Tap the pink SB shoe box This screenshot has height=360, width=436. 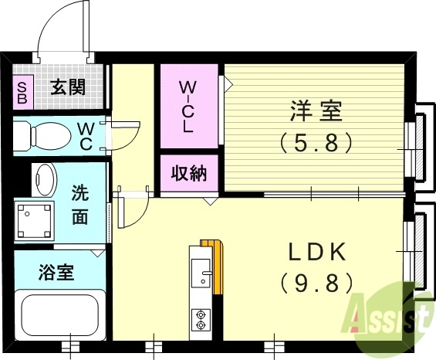[x=22, y=93]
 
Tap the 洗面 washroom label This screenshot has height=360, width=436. [x=80, y=204]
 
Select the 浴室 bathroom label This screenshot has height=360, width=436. [x=56, y=272]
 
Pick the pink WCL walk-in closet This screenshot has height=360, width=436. [x=188, y=107]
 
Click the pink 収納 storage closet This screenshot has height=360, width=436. [x=188, y=174]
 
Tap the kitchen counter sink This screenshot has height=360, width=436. [x=203, y=272]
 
